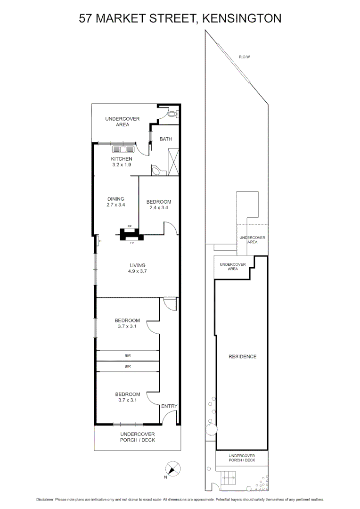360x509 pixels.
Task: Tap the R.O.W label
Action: click(x=244, y=57)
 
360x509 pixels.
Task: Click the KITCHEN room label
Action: click(x=122, y=159)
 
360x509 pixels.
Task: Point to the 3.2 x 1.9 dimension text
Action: click(x=122, y=165)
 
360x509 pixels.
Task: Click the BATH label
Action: click(x=165, y=139)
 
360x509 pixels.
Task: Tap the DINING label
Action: click(x=115, y=199)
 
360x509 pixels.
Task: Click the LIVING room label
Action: click(x=138, y=265)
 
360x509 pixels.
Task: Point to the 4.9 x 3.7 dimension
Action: click(x=138, y=271)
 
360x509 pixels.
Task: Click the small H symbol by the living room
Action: click(x=100, y=241)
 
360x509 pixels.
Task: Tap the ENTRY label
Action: click(x=169, y=406)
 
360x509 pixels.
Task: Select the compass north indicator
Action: click(x=173, y=468)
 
